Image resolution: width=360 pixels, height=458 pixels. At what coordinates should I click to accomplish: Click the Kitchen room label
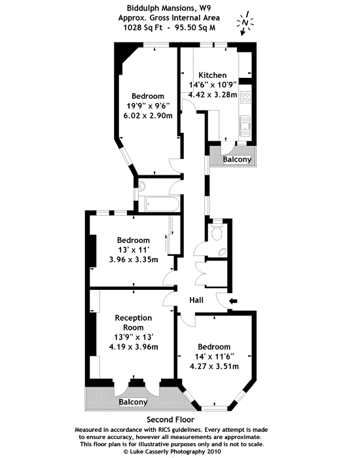[213, 75]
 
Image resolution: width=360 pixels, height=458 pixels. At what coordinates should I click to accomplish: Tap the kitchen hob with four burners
[245, 97]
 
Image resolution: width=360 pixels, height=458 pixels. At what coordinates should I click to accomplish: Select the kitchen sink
[245, 126]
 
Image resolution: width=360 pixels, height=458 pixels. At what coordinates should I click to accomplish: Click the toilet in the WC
[217, 231]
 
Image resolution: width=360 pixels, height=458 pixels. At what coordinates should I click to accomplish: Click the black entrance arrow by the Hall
[233, 301]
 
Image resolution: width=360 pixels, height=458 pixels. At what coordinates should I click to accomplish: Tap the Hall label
[196, 300]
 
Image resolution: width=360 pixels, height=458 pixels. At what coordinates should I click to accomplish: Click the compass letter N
[245, 22]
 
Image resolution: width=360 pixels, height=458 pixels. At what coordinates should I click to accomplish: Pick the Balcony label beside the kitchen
[237, 160]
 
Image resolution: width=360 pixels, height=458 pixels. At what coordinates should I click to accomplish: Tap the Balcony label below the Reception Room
[133, 402]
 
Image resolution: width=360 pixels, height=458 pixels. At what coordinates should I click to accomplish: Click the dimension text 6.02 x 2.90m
[148, 116]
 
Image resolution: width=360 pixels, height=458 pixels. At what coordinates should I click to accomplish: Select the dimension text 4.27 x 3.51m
[214, 366]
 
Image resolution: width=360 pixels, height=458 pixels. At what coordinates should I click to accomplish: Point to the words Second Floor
[170, 420]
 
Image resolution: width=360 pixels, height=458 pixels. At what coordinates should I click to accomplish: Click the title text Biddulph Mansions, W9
[169, 8]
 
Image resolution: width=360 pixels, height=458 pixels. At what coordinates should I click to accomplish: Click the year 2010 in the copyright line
[215, 451]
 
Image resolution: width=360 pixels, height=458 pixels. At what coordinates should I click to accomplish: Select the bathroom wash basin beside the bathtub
[142, 186]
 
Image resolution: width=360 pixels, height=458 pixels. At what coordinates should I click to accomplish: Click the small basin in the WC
[222, 252]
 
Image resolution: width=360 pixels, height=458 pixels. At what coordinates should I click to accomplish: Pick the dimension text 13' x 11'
[134, 250]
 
